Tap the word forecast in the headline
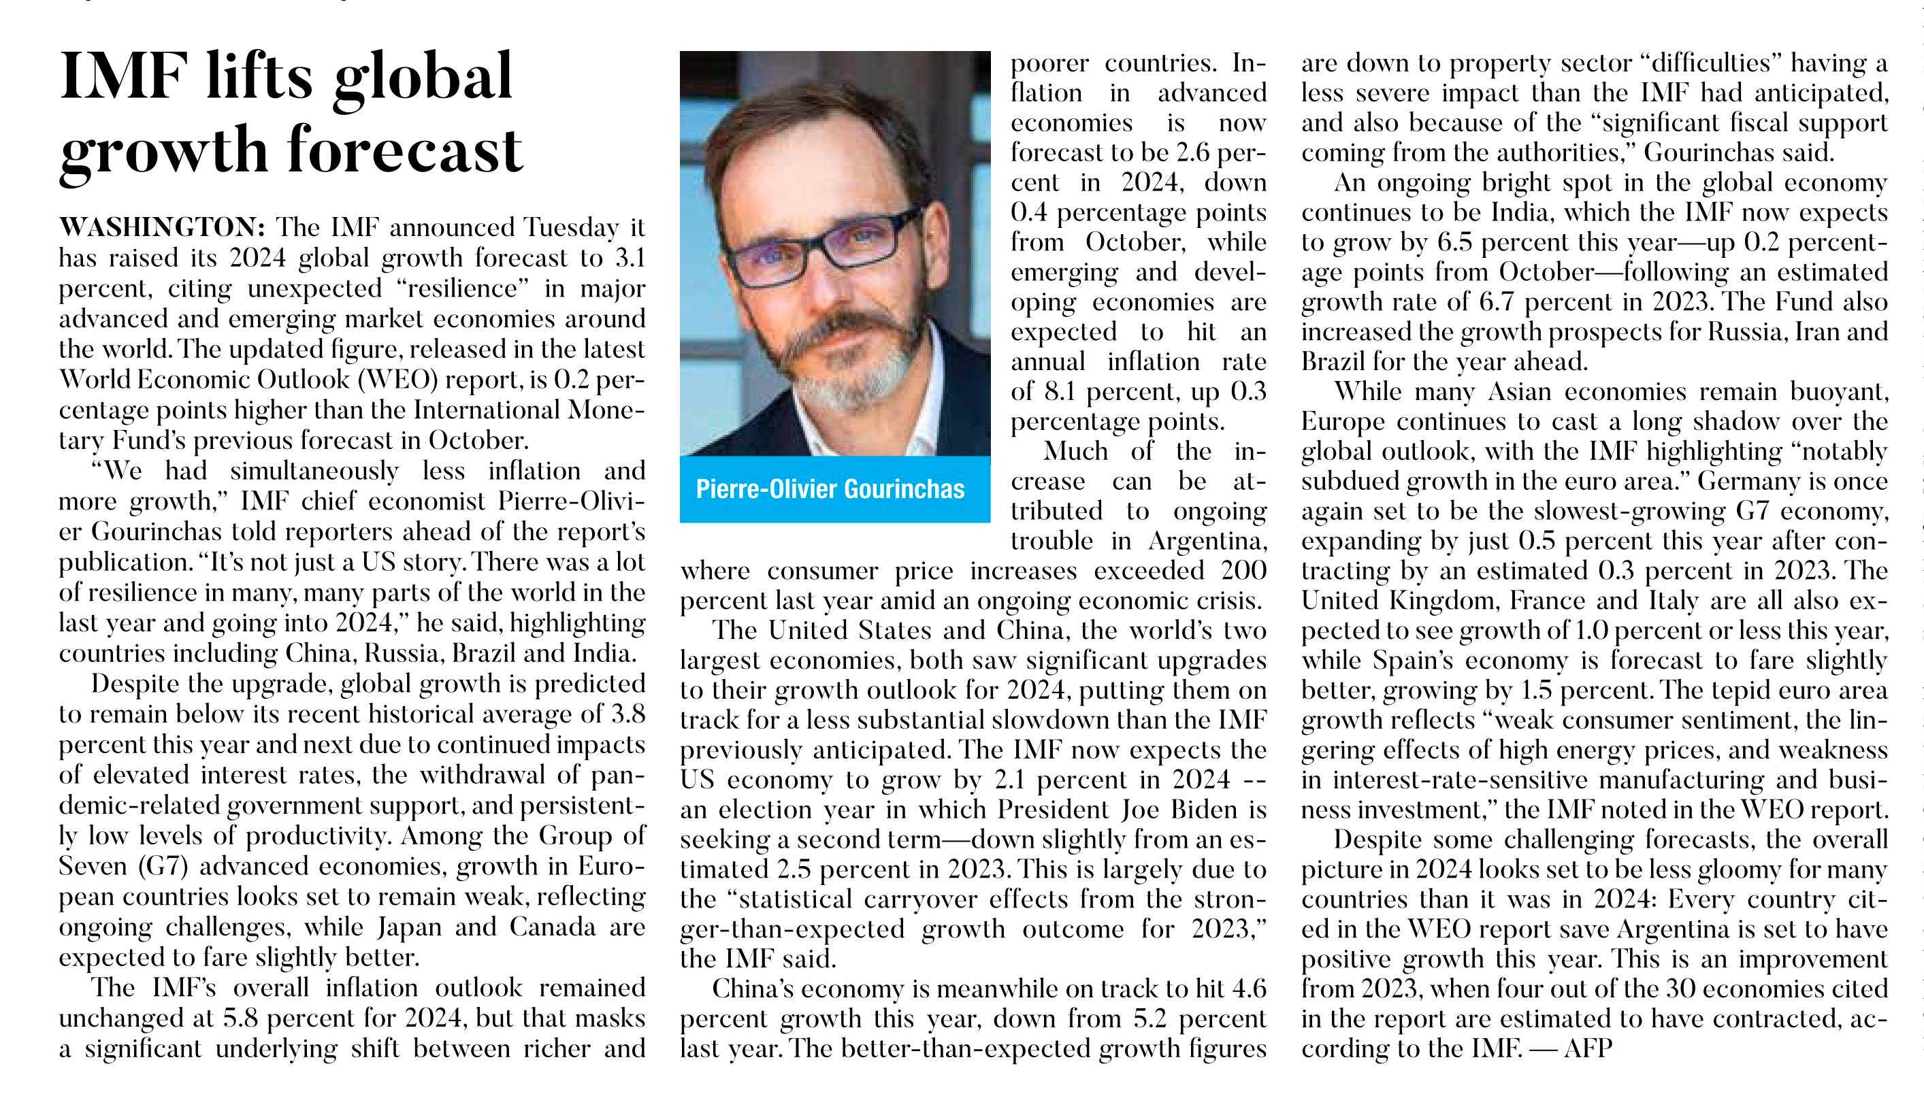tap(405, 150)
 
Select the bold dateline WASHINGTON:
tap(162, 227)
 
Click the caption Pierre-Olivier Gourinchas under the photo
tap(830, 488)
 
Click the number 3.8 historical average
tap(627, 714)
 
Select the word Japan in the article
tap(410, 928)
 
